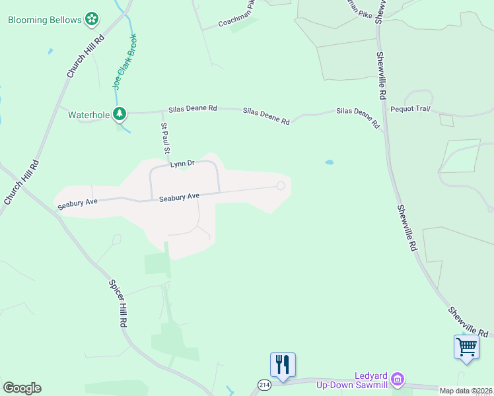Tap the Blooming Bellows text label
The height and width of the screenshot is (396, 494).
(x=45, y=20)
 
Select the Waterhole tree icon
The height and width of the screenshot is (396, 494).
(x=120, y=114)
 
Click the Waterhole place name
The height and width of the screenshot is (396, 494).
(x=88, y=114)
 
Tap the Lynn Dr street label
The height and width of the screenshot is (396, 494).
(x=182, y=163)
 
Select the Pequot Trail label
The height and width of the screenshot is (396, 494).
(x=410, y=108)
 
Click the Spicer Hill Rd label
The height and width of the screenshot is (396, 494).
(x=118, y=304)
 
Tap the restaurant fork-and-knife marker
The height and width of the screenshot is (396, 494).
(x=283, y=364)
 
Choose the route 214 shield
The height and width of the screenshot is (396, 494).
(x=264, y=384)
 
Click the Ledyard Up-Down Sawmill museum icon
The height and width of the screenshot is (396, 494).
(x=397, y=378)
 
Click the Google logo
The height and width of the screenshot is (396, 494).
(x=22, y=388)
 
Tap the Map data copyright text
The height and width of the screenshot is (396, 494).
(x=466, y=391)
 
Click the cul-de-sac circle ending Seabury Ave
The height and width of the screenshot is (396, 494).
(x=281, y=186)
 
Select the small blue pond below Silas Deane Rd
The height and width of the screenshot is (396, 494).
(x=329, y=162)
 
